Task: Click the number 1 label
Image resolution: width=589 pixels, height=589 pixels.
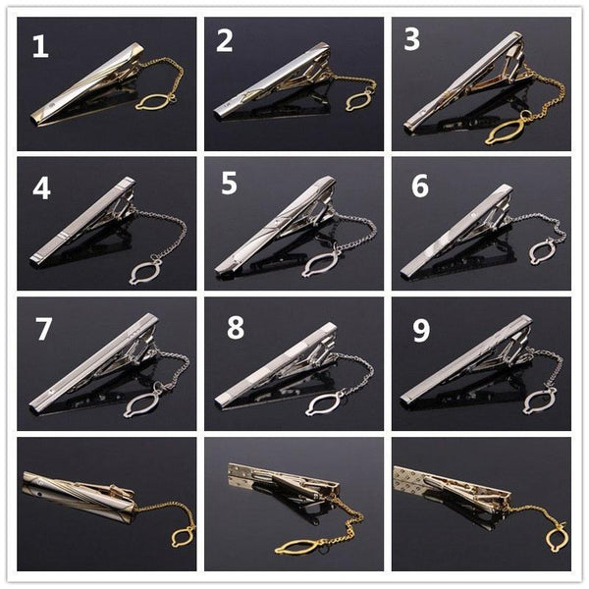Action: [x=39, y=47]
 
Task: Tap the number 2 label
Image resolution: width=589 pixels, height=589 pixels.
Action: [x=225, y=41]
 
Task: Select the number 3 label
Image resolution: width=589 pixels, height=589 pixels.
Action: [x=412, y=40]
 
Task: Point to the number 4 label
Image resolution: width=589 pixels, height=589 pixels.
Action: [x=41, y=187]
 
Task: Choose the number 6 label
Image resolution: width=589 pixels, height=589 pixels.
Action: [x=419, y=187]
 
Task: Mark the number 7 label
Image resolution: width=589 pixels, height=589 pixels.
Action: [x=43, y=329]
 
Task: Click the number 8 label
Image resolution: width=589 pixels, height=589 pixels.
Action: [x=236, y=329]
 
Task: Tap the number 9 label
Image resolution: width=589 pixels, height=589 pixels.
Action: [x=420, y=330]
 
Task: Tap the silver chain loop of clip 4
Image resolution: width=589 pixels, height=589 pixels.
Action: [x=147, y=270]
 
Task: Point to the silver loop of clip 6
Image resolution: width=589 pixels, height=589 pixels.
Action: [x=542, y=252]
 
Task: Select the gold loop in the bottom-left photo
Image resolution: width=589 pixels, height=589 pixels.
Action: [x=181, y=536]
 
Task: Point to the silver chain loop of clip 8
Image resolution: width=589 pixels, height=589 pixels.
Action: [x=324, y=402]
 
